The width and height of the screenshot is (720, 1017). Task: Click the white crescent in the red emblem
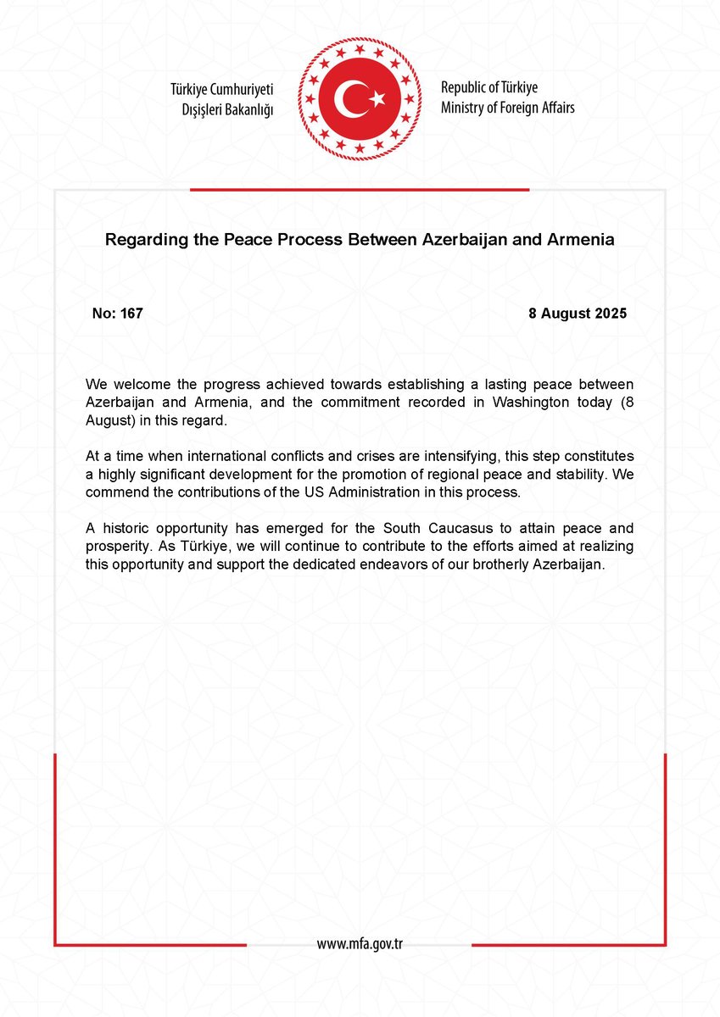pos(349,100)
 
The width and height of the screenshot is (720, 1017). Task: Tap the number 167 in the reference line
pos(131,314)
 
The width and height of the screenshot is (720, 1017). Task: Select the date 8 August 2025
pos(577,314)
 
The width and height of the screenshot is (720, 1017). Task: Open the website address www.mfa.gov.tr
pos(360,943)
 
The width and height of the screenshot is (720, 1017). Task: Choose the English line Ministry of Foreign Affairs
pos(507,108)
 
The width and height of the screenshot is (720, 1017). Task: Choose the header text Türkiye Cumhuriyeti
pos(222,89)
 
